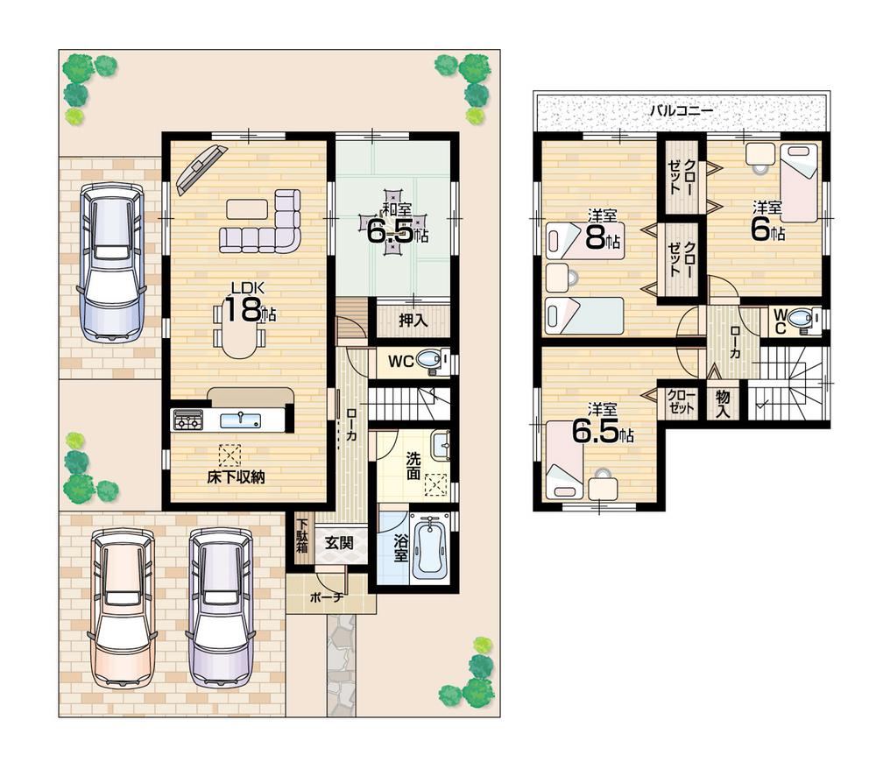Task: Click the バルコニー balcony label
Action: click(x=681, y=111)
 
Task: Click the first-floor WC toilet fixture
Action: click(x=429, y=360)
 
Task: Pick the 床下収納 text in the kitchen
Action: click(x=236, y=477)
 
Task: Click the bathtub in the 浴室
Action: click(x=428, y=548)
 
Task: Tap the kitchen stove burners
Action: click(x=188, y=420)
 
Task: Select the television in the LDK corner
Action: click(x=201, y=169)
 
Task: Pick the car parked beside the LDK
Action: click(x=111, y=261)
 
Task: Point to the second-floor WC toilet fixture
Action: click(x=800, y=321)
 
